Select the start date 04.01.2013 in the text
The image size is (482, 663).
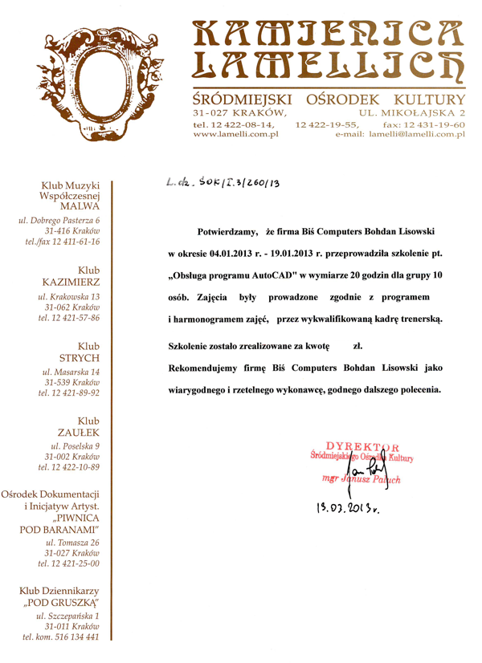point(243,254)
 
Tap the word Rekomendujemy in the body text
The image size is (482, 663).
point(205,371)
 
